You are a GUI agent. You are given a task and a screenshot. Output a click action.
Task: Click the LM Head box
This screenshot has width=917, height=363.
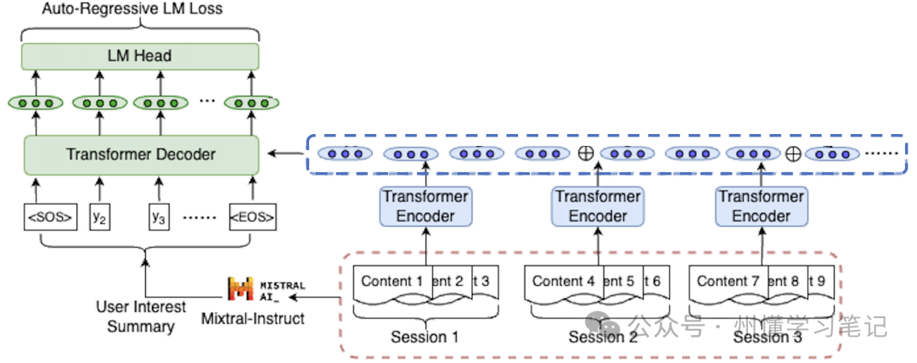click(140, 56)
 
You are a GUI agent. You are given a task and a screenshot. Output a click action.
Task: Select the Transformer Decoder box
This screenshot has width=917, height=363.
click(140, 154)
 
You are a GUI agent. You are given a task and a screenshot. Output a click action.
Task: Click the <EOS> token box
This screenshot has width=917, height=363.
click(251, 217)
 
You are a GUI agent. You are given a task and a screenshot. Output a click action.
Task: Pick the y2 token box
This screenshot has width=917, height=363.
click(100, 217)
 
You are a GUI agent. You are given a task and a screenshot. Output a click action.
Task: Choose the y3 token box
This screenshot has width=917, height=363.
click(158, 217)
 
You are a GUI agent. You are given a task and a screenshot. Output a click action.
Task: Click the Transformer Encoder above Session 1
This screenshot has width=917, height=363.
click(425, 207)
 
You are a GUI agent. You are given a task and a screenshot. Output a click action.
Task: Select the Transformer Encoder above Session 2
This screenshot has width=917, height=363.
click(598, 207)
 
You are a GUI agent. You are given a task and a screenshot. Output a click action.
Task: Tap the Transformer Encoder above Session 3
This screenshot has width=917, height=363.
click(761, 207)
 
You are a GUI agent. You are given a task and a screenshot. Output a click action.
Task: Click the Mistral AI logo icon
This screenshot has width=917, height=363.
click(242, 288)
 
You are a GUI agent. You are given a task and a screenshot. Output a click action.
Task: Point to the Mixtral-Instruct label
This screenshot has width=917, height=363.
click(252, 319)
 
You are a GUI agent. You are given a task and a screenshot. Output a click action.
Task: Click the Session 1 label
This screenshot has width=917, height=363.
click(425, 337)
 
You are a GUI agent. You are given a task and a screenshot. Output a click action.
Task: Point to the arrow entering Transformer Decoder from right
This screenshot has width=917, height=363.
click(284, 154)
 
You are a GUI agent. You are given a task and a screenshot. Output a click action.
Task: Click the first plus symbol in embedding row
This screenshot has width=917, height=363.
click(584, 154)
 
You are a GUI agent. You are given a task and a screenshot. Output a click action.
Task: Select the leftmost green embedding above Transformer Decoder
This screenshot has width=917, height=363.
click(36, 103)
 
